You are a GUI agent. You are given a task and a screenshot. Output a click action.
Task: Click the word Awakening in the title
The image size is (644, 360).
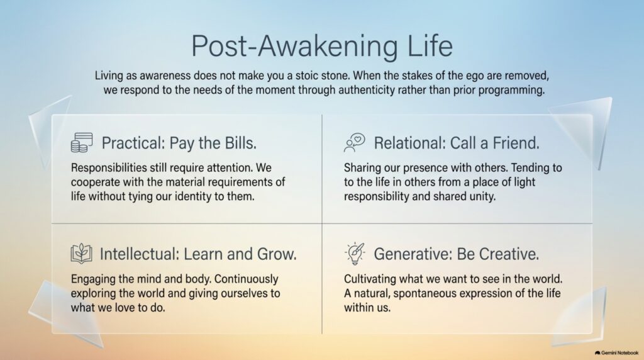(328, 47)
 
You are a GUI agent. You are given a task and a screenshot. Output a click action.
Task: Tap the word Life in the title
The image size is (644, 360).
(430, 45)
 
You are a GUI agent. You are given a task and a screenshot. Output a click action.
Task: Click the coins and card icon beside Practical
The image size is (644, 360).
(82, 143)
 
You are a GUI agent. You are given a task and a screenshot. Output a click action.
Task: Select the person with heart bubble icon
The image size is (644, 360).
(355, 143)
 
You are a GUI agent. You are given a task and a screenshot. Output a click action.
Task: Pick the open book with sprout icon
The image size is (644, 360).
(81, 253)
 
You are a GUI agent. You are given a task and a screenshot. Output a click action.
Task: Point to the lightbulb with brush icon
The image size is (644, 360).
(355, 254)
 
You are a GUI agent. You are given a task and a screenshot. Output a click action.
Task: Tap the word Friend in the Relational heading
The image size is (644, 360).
(516, 143)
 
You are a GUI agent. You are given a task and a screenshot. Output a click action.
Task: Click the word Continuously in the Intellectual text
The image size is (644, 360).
(247, 279)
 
